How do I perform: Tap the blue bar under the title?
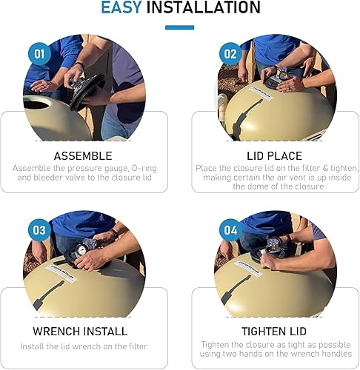(x=179, y=28)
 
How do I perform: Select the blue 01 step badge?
(x=39, y=54)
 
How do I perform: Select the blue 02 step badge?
(x=230, y=54)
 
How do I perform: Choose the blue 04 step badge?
(x=230, y=230)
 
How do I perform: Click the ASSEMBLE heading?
(x=83, y=156)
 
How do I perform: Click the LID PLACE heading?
(x=274, y=156)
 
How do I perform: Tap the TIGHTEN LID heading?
(x=274, y=331)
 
